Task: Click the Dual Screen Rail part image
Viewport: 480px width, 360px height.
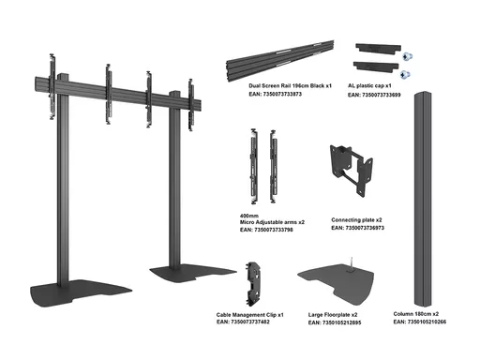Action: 280,61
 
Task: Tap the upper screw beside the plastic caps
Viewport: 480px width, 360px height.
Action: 407,56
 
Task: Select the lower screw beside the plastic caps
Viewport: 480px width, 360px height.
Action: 405,75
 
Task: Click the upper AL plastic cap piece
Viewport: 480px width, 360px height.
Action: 378,49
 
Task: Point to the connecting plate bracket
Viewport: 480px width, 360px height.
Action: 352,171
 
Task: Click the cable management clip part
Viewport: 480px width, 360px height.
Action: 253,284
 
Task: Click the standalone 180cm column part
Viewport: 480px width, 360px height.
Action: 423,199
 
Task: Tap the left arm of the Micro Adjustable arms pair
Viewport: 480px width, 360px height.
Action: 254,166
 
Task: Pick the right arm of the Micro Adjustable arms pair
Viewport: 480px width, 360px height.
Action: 273,166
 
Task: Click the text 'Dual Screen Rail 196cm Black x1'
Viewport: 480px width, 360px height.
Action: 290,85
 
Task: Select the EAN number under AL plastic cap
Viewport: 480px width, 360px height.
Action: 374,95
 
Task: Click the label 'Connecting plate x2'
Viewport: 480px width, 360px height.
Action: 356,220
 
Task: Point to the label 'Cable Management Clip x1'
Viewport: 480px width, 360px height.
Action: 250,315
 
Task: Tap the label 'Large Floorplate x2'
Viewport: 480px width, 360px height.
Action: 333,315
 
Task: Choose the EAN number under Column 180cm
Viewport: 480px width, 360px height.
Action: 420,322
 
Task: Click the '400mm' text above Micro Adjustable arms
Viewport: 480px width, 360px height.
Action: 249,216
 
